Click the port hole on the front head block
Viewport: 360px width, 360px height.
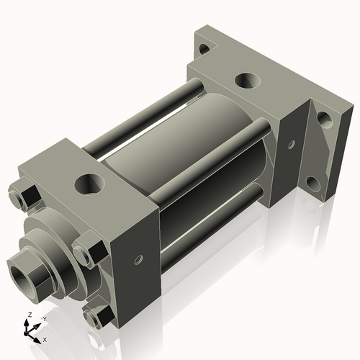(89, 184)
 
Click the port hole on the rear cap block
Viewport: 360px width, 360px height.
(247, 81)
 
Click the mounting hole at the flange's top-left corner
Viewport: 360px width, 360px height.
(204, 49)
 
